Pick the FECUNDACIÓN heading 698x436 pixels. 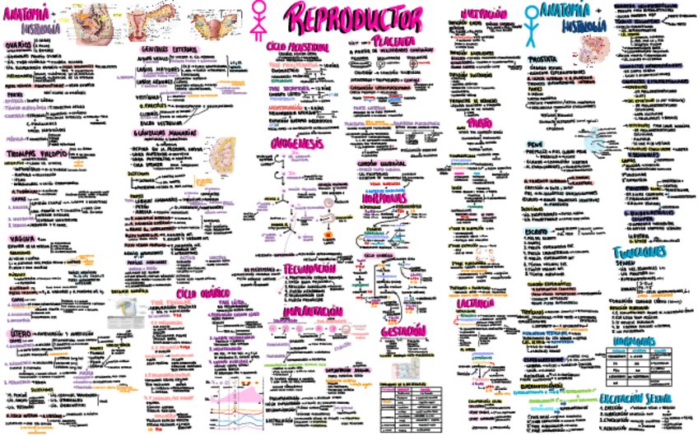click(x=309, y=269)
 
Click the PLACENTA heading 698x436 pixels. click(x=392, y=39)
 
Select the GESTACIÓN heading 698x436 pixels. click(x=403, y=330)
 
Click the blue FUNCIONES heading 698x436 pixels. click(x=639, y=252)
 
